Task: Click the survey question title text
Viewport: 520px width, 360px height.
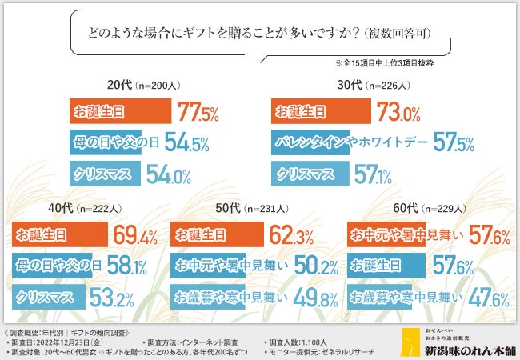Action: click(x=259, y=36)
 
